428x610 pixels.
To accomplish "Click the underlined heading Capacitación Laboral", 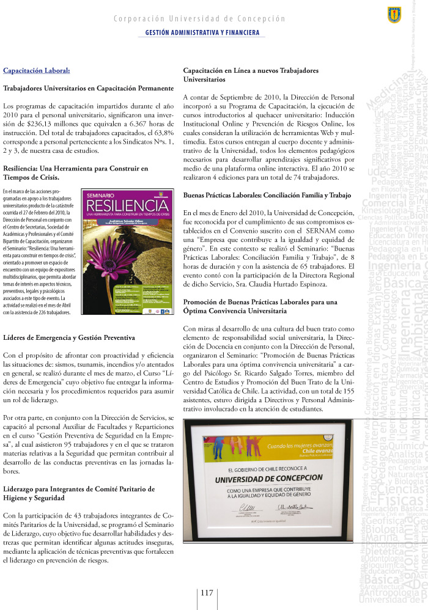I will point(37,70).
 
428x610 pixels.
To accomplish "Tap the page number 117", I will point(207,592).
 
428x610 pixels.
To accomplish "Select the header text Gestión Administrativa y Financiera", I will point(202,32).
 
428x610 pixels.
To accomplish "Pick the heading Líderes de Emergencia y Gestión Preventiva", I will point(73,337).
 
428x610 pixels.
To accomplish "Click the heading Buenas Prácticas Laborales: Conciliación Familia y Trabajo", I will point(267,195).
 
